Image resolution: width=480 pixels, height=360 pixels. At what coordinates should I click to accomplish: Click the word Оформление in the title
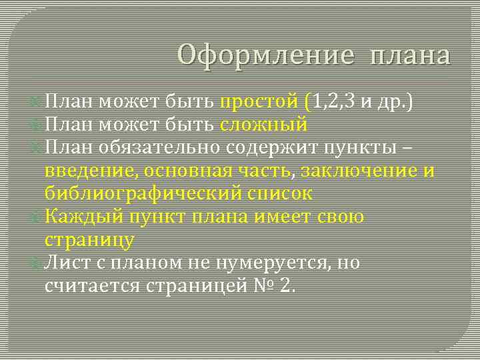pos(264,55)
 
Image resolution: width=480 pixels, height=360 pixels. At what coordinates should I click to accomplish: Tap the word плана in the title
pos(409,56)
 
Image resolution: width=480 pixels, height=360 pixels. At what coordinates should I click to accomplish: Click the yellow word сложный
pos(263,125)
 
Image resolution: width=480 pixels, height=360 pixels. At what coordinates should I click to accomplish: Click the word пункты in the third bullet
pos(378,147)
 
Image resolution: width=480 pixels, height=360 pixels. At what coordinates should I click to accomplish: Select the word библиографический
pos(143,194)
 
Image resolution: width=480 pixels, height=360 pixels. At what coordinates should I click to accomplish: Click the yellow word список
pos(280,193)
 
